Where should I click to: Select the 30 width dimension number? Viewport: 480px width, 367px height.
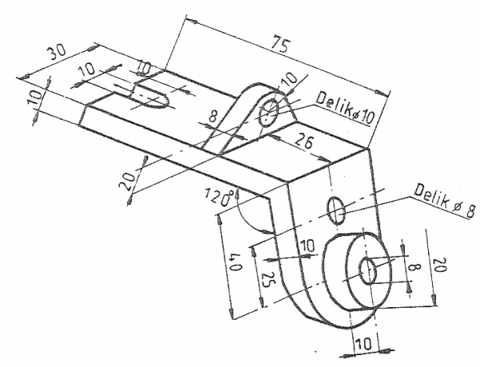click(58, 52)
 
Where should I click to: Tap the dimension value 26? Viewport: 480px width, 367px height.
click(305, 143)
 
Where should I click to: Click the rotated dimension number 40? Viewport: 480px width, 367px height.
click(235, 261)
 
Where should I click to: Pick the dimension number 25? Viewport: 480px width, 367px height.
click(267, 279)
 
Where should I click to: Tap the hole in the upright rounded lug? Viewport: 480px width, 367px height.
click(269, 112)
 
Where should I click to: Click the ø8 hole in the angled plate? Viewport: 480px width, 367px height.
click(337, 210)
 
